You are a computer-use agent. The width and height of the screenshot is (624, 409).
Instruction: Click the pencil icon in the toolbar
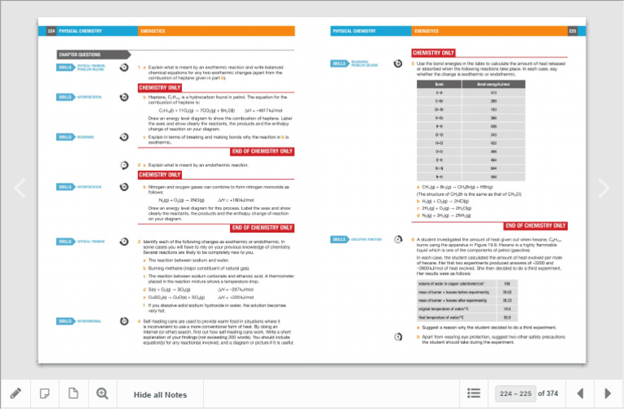pos(15,394)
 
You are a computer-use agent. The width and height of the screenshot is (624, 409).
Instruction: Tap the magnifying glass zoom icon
pos(102,394)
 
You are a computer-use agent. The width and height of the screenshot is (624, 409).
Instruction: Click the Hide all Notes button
pos(160,394)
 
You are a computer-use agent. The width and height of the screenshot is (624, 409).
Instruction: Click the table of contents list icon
pos(474,394)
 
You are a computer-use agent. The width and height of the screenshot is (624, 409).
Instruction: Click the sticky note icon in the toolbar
pos(45,394)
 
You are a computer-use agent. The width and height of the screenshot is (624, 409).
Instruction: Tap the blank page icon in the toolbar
pos(73,394)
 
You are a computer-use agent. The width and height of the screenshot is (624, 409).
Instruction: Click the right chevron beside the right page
pos(604,188)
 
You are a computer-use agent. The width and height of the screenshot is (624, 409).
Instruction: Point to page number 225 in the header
pos(572,31)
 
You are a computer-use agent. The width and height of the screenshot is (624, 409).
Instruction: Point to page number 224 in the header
pos(50,31)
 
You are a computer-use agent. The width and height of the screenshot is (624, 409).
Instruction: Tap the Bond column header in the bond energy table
pos(439,84)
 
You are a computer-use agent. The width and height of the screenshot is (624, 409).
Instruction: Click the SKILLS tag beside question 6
pos(339,239)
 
